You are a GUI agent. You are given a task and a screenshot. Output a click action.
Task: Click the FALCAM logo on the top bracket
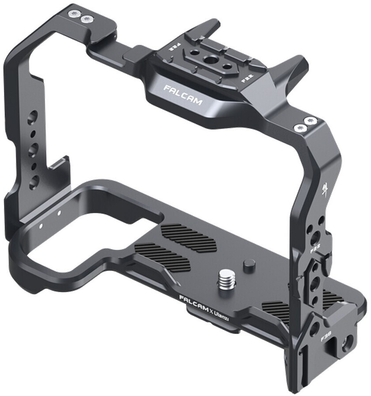(x=182, y=95)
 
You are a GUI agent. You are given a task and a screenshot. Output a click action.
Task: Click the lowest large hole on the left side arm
(x=34, y=180)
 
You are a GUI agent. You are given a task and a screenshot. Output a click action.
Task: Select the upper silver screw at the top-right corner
(x=312, y=120)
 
